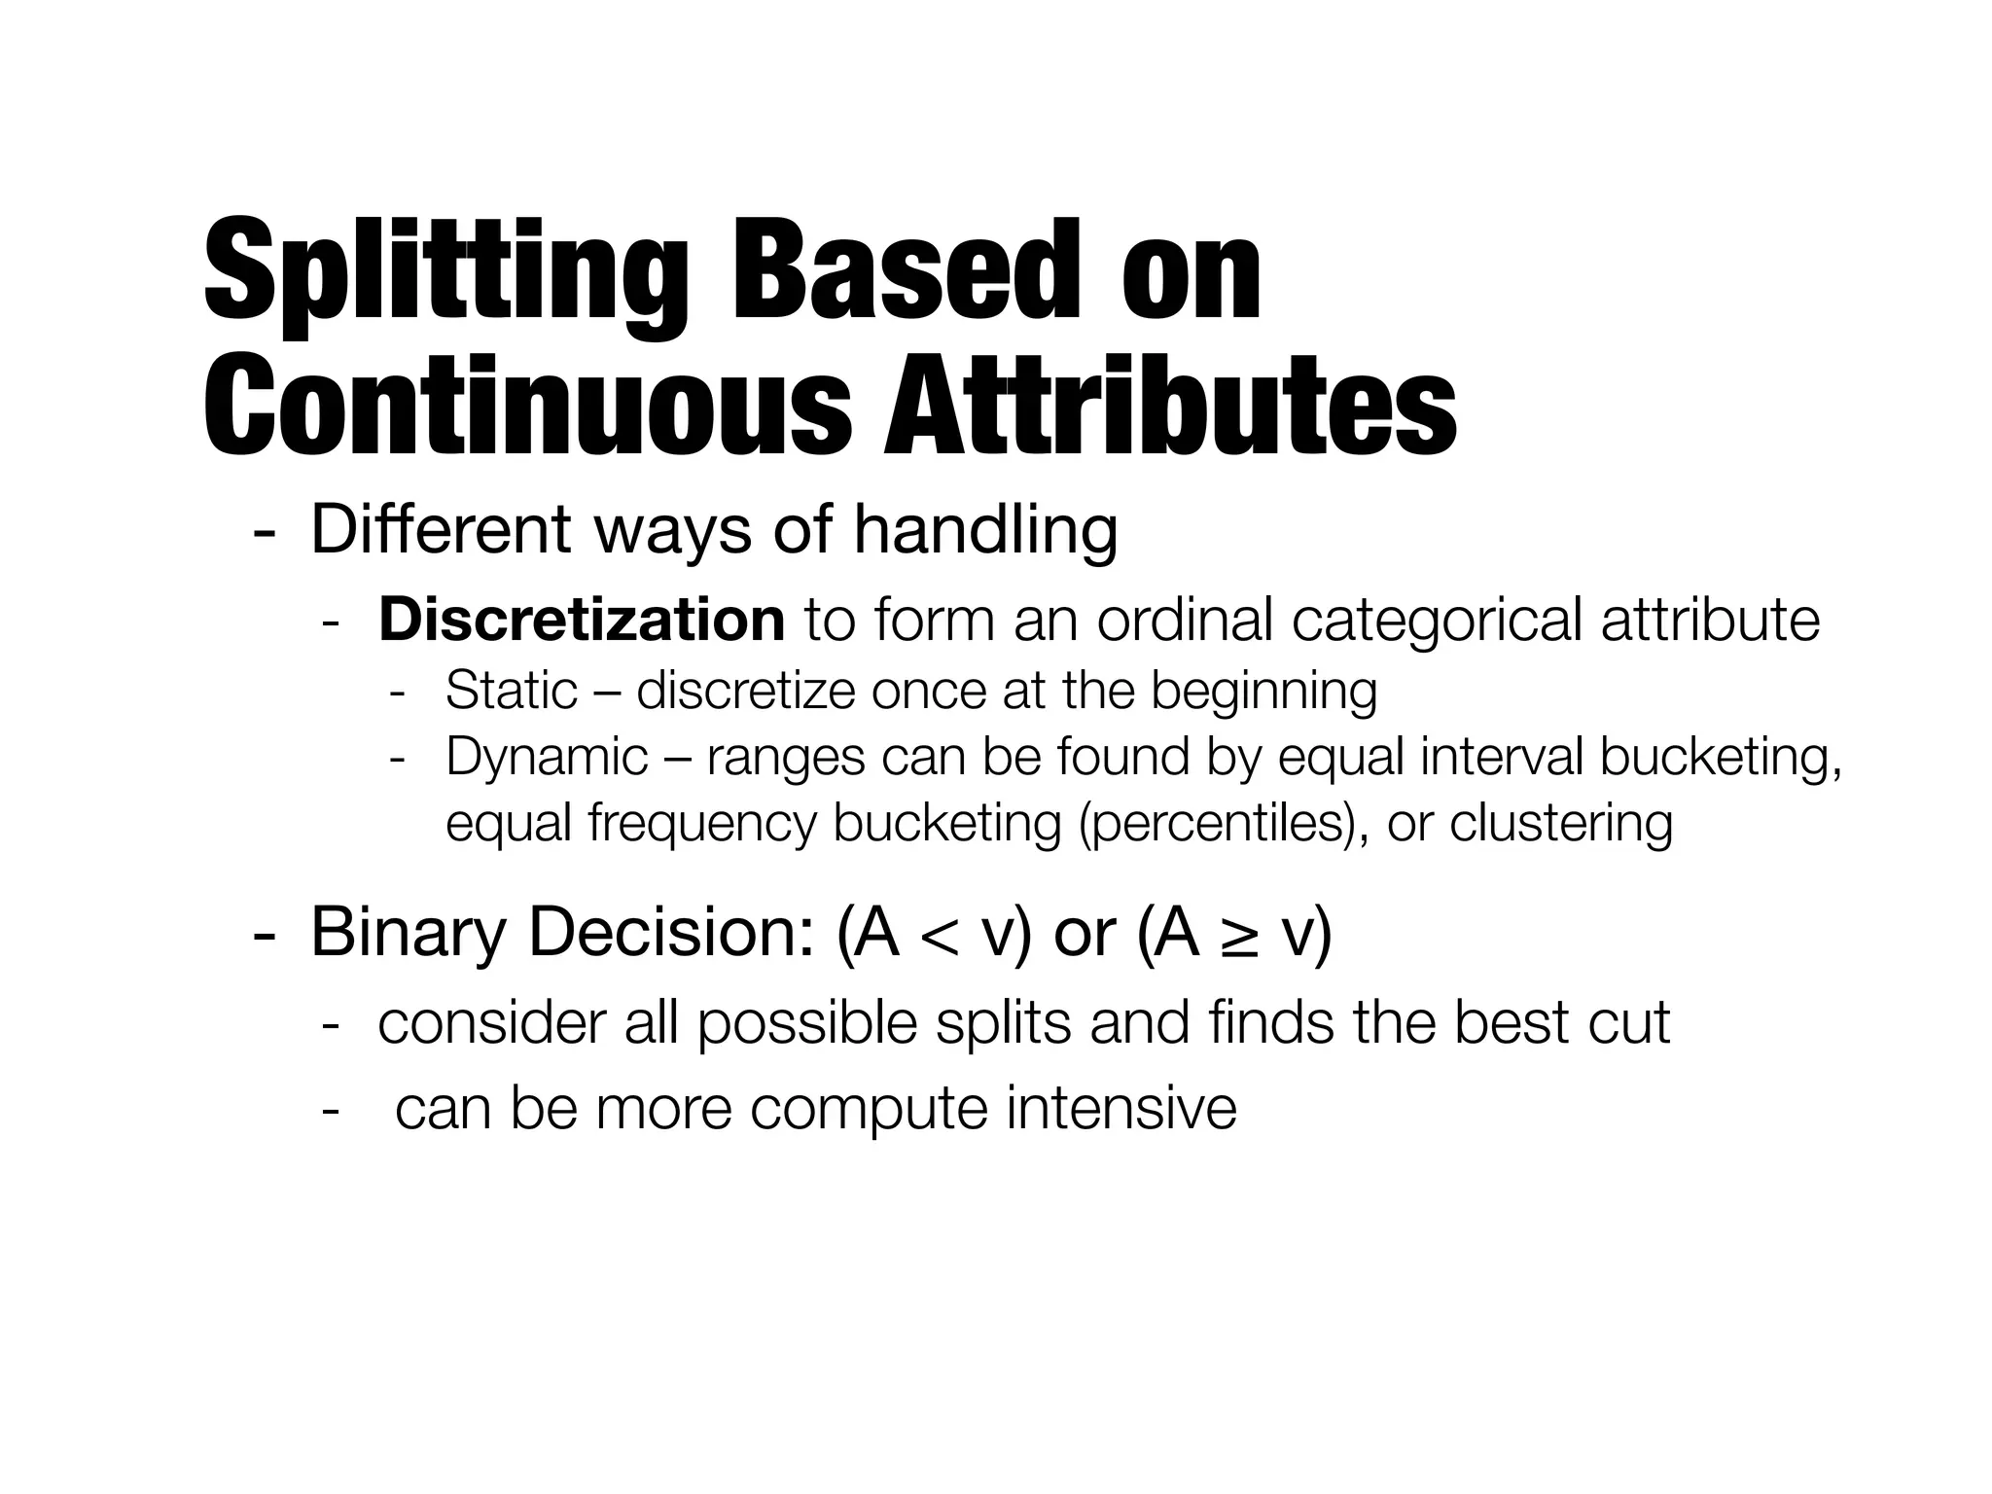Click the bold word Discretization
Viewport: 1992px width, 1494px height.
click(x=581, y=620)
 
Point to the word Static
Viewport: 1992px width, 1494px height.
click(x=511, y=692)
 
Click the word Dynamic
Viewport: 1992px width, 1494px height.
click(x=546, y=757)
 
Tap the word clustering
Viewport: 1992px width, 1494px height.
click(x=1560, y=823)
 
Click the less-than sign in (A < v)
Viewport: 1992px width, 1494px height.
click(x=940, y=935)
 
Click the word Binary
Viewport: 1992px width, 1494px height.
click(x=409, y=933)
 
